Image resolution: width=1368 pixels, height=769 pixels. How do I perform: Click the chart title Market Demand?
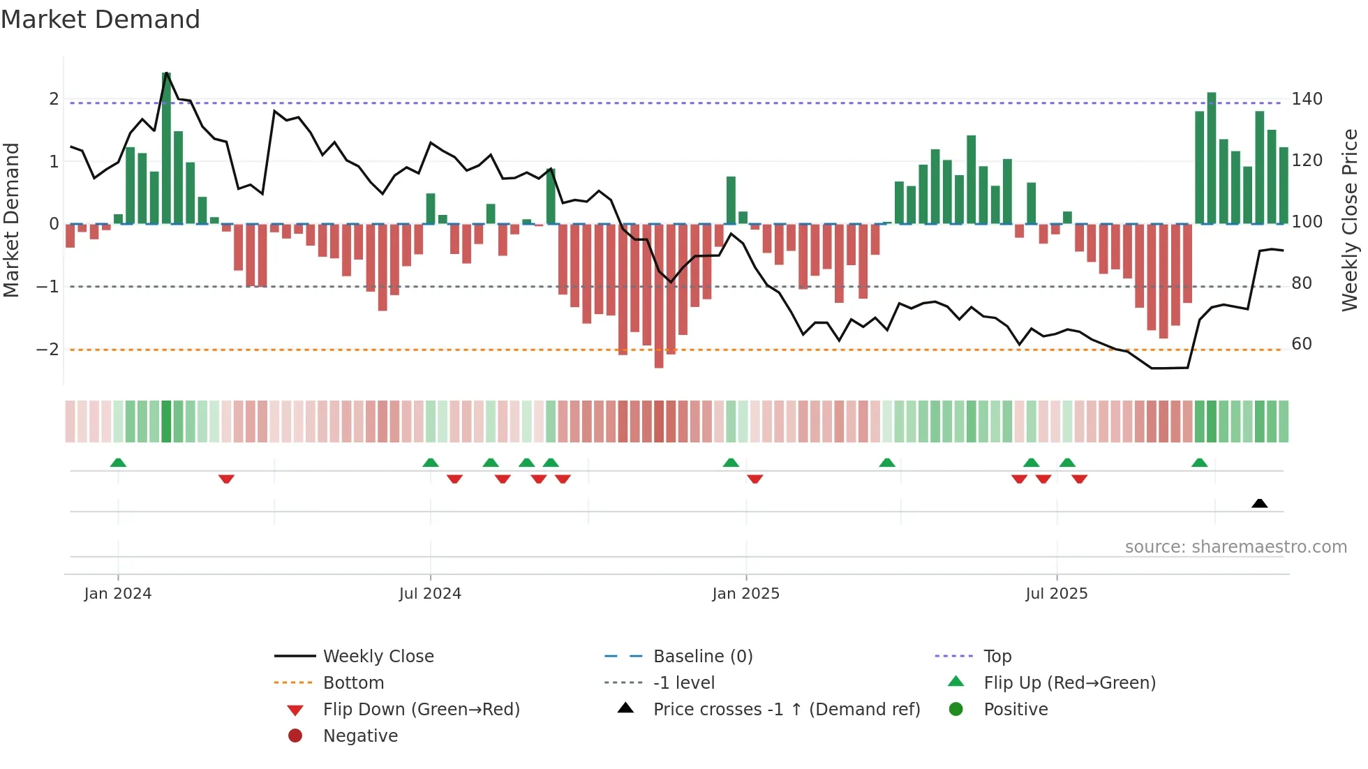[101, 20]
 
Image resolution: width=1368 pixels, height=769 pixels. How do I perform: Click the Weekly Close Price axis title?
[1350, 220]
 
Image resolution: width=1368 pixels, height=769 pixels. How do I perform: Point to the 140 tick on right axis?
[1307, 99]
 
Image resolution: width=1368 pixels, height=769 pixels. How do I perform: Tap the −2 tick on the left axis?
[47, 350]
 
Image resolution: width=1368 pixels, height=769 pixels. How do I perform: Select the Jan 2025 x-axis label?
[745, 594]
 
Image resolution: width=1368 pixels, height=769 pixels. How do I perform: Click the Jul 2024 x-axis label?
[430, 594]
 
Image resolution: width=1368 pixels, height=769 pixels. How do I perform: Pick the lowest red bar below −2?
[659, 296]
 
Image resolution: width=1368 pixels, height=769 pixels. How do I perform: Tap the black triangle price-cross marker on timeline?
[1259, 503]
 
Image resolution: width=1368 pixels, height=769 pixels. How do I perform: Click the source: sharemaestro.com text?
[1235, 547]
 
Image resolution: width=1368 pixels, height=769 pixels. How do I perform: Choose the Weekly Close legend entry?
[378, 657]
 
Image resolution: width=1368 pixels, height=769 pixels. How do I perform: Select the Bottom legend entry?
[353, 683]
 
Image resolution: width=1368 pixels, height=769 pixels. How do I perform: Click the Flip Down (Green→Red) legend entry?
[421, 710]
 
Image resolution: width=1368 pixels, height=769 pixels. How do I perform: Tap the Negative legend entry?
[360, 736]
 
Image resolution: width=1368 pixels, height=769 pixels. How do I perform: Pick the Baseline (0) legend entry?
[702, 657]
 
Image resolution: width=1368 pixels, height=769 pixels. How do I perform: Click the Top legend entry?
[997, 657]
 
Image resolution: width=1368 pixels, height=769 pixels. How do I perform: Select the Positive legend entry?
[1015, 710]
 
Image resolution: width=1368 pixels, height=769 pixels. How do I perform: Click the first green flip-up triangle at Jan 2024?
[118, 463]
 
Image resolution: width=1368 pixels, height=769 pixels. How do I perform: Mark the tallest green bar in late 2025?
[1212, 158]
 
